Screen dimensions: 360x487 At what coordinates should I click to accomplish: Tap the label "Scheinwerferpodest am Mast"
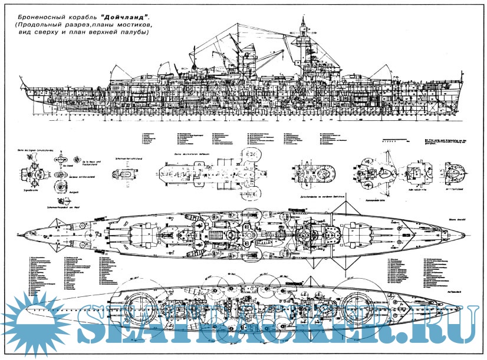(60, 207)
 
